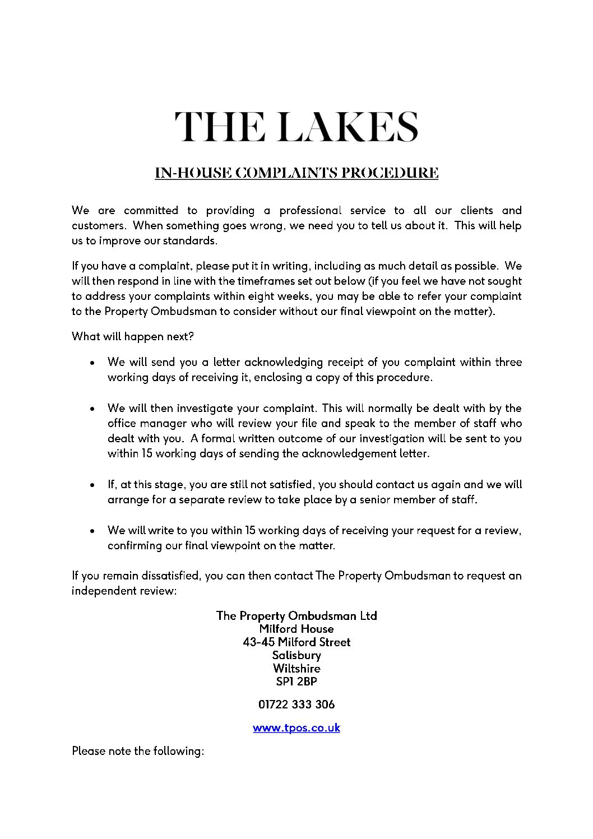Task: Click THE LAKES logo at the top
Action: (296, 126)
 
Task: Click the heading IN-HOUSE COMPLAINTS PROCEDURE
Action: (296, 173)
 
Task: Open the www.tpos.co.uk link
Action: (296, 728)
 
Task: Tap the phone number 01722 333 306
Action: (296, 704)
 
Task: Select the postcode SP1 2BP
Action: (296, 682)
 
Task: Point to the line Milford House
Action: (296, 629)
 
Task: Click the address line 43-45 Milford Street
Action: (296, 642)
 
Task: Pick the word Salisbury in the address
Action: (296, 655)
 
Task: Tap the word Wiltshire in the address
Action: (296, 668)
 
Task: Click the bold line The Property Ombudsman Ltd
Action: (296, 615)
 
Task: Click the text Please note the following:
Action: (137, 751)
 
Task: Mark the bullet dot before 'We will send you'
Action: (92, 363)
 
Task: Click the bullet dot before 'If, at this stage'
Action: (92, 485)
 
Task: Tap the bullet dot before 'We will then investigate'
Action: (92, 409)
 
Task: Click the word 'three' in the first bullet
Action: (508, 362)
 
